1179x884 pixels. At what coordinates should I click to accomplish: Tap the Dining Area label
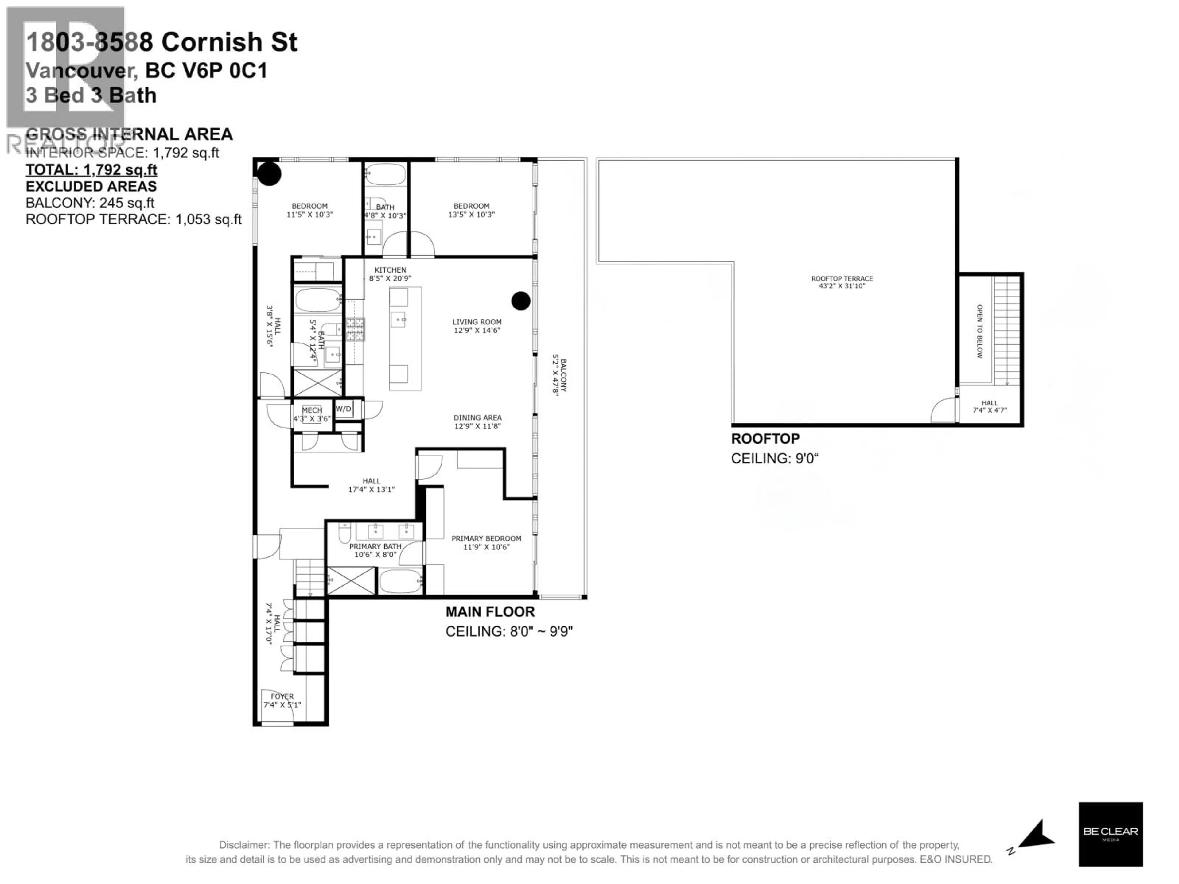(477, 418)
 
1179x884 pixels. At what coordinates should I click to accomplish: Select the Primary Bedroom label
(486, 539)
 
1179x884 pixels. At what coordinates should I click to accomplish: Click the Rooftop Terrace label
(842, 279)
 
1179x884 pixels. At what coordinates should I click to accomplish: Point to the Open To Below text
(979, 331)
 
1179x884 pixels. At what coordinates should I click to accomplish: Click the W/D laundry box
(344, 409)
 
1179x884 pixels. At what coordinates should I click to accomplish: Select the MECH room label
(312, 410)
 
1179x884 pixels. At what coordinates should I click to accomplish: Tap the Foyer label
(282, 696)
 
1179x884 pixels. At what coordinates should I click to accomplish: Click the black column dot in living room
(521, 301)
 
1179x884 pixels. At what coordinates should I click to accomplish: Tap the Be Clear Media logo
(1110, 834)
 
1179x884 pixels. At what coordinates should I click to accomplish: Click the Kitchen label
(390, 270)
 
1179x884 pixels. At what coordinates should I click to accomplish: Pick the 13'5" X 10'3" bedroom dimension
(471, 215)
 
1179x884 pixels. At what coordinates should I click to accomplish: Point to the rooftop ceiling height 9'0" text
(774, 458)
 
